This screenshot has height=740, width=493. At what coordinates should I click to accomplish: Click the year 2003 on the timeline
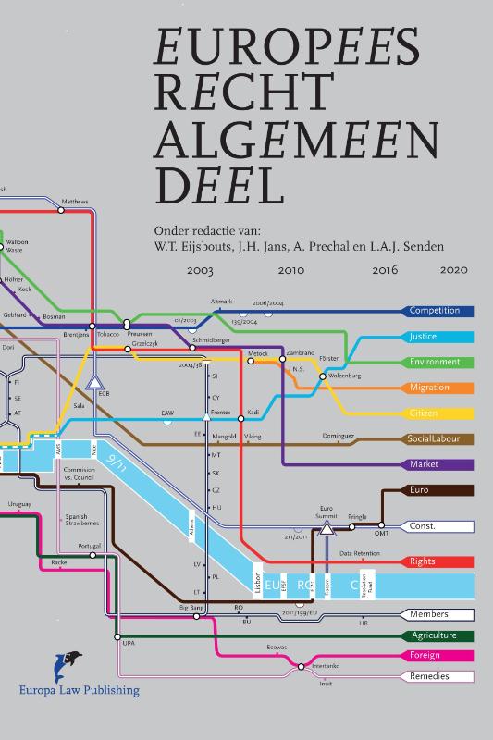(200, 271)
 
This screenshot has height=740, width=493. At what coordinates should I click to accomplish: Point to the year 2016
(385, 271)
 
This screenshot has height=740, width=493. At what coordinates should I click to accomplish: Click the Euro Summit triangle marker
(326, 529)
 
